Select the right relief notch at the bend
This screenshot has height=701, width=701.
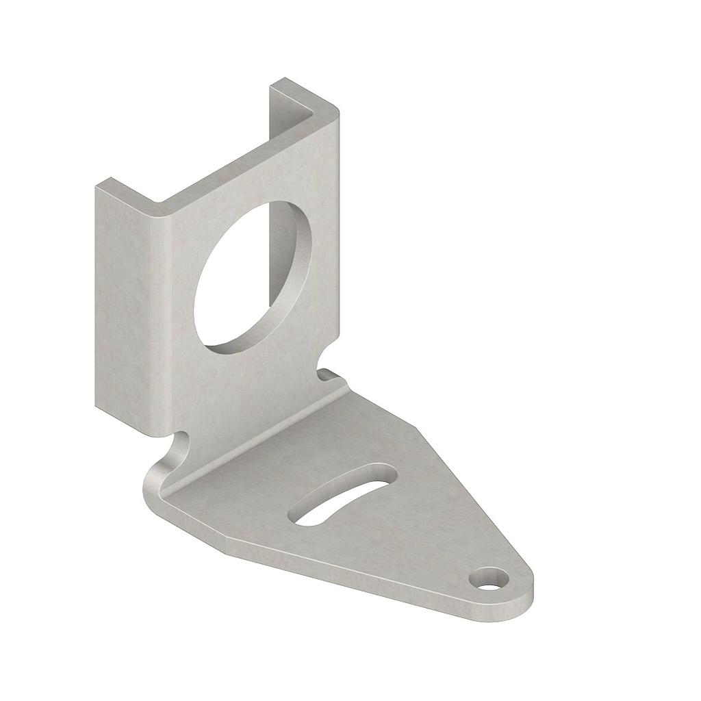tap(327, 374)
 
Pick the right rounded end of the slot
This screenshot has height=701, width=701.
tap(387, 472)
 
